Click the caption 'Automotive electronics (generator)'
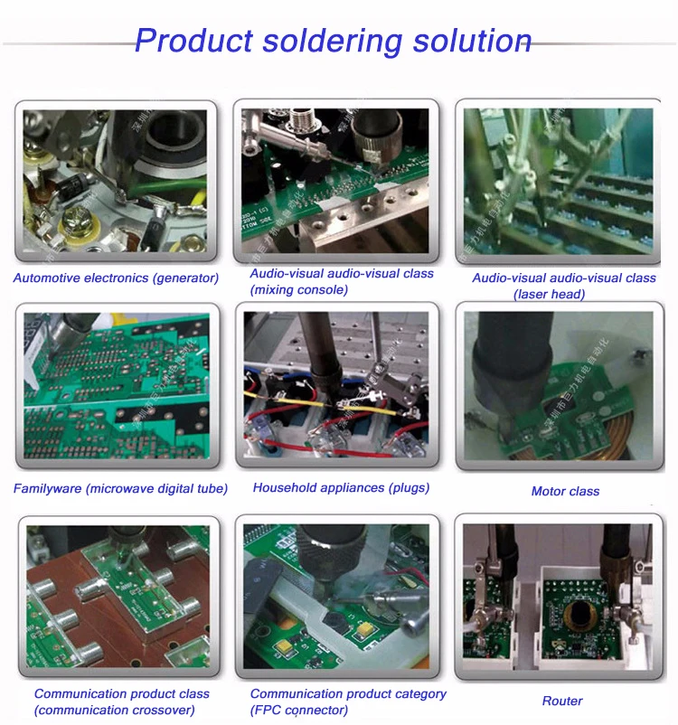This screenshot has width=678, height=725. [116, 278]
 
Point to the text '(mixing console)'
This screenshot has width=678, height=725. [298, 290]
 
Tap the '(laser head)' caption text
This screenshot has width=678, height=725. [550, 294]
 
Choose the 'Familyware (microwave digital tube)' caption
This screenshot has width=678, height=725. [120, 489]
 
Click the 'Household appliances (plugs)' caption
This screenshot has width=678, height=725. [341, 488]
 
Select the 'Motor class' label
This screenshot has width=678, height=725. [565, 492]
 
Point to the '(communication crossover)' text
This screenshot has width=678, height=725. [115, 711]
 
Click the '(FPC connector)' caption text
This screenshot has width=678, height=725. [299, 711]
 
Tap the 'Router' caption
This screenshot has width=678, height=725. [562, 701]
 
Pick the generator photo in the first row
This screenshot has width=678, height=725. [115, 181]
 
